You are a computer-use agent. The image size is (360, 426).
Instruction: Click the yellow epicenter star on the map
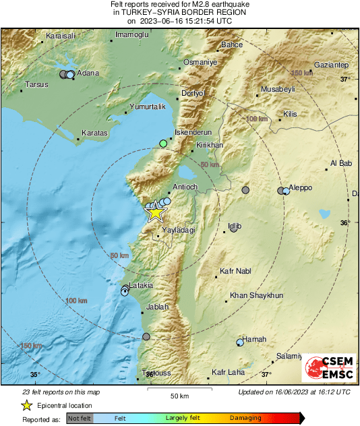click(x=156, y=212)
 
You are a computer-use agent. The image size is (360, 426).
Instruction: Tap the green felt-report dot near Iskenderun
click(x=162, y=143)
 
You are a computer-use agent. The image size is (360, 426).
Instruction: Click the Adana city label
click(x=88, y=73)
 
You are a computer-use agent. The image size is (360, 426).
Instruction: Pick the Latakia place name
click(x=141, y=285)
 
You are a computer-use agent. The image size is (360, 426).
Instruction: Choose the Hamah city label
click(x=254, y=339)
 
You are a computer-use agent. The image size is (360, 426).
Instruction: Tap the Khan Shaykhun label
click(x=256, y=295)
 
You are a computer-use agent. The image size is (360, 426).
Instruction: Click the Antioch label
click(x=185, y=187)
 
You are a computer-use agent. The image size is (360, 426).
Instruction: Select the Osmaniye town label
click(x=200, y=62)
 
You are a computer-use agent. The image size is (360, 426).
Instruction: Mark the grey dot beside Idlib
click(x=233, y=229)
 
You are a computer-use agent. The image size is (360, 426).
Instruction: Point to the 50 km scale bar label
click(x=179, y=395)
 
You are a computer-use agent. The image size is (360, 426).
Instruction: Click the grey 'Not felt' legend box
click(x=80, y=419)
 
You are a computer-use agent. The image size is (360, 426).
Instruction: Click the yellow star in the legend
click(x=26, y=406)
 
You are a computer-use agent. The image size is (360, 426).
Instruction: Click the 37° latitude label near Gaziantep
click(x=344, y=79)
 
